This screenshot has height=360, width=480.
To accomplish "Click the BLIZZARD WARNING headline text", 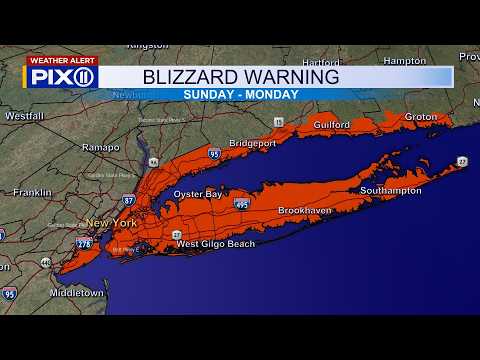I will [240, 76].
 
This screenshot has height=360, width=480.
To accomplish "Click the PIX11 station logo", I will [61, 77].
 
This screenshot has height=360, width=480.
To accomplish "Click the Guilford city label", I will [330, 125].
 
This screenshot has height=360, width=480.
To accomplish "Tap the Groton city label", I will [421, 117].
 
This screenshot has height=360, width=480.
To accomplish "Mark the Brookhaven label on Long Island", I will [305, 211].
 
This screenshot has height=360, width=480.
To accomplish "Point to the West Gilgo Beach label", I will [215, 243].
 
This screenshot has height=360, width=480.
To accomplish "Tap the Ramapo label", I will [101, 147].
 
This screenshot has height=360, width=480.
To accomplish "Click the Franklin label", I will [32, 192].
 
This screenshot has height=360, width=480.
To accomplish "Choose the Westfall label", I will [23, 116].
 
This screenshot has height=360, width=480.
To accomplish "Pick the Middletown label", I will [77, 293].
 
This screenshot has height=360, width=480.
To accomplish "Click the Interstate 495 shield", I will [241, 203].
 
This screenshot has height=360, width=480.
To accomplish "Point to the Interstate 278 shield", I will [84, 243].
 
